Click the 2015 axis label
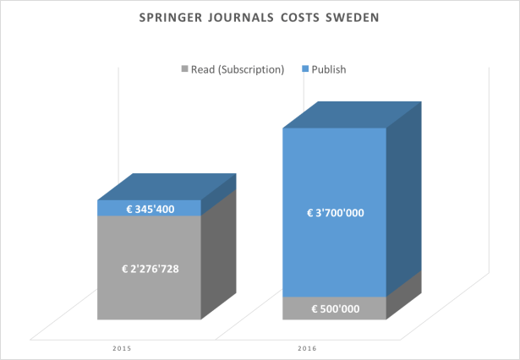(x=123, y=347)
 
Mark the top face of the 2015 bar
(x=166, y=187)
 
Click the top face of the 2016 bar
(x=351, y=114)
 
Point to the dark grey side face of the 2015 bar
(x=218, y=258)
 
